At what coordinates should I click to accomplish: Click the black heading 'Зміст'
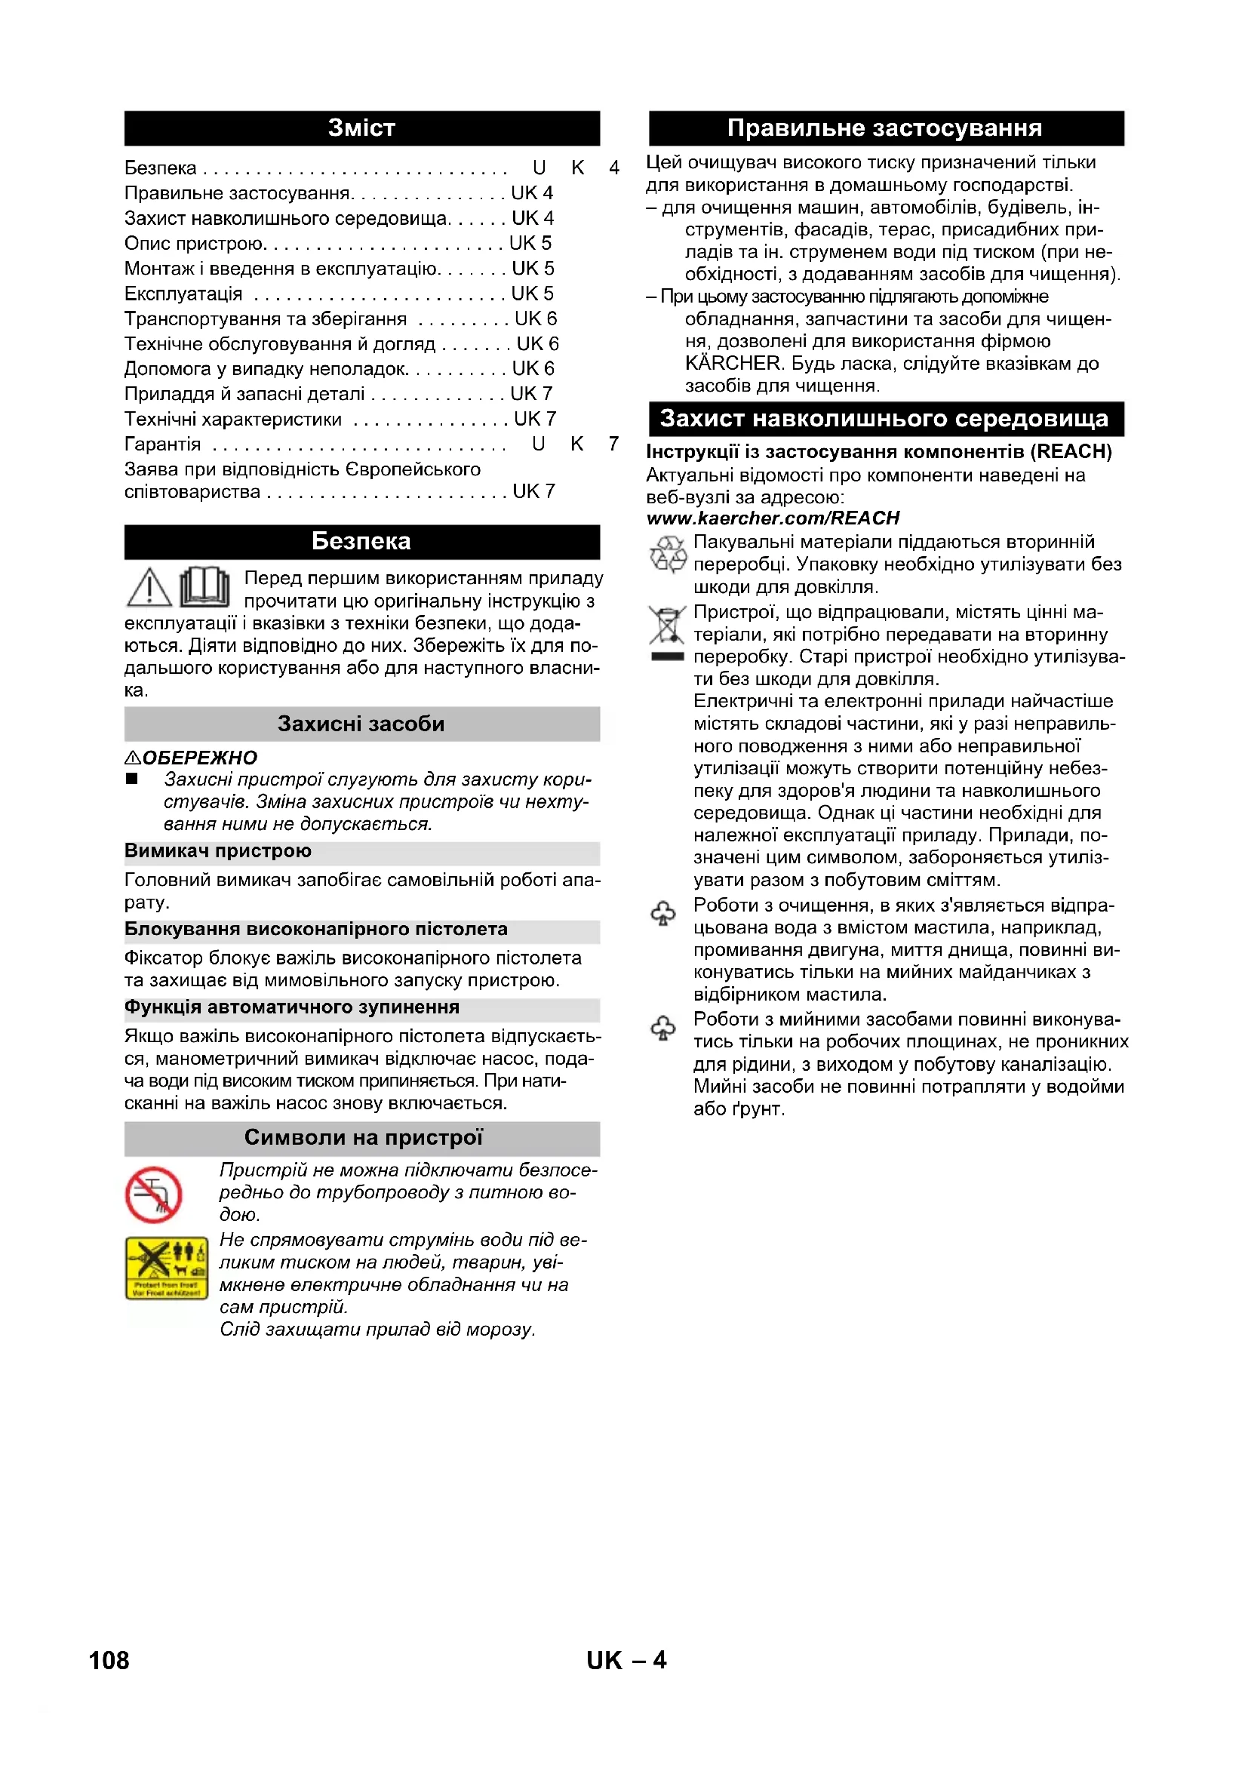(361, 128)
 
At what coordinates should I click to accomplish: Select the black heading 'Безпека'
(361, 541)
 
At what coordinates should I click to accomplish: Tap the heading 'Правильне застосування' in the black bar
(884, 128)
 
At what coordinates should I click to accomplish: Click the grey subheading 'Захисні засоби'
(361, 724)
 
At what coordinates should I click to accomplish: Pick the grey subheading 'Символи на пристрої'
(363, 1138)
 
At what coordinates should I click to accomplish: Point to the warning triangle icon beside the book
(149, 587)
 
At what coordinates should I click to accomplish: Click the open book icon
(204, 587)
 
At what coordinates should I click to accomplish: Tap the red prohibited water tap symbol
(154, 1195)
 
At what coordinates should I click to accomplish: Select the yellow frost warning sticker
(167, 1268)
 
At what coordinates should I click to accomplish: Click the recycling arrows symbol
(668, 555)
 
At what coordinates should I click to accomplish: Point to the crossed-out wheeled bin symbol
(667, 626)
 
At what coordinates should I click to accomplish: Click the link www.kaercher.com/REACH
(773, 518)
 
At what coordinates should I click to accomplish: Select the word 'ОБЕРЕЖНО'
(200, 758)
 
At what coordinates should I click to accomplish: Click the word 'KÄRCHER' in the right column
(733, 364)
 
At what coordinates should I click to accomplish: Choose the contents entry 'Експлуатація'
(183, 294)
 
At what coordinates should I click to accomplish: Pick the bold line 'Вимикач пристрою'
(218, 851)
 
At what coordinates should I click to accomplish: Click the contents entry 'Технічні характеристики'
(233, 420)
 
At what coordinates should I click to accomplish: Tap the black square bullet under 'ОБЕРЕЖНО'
(132, 779)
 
